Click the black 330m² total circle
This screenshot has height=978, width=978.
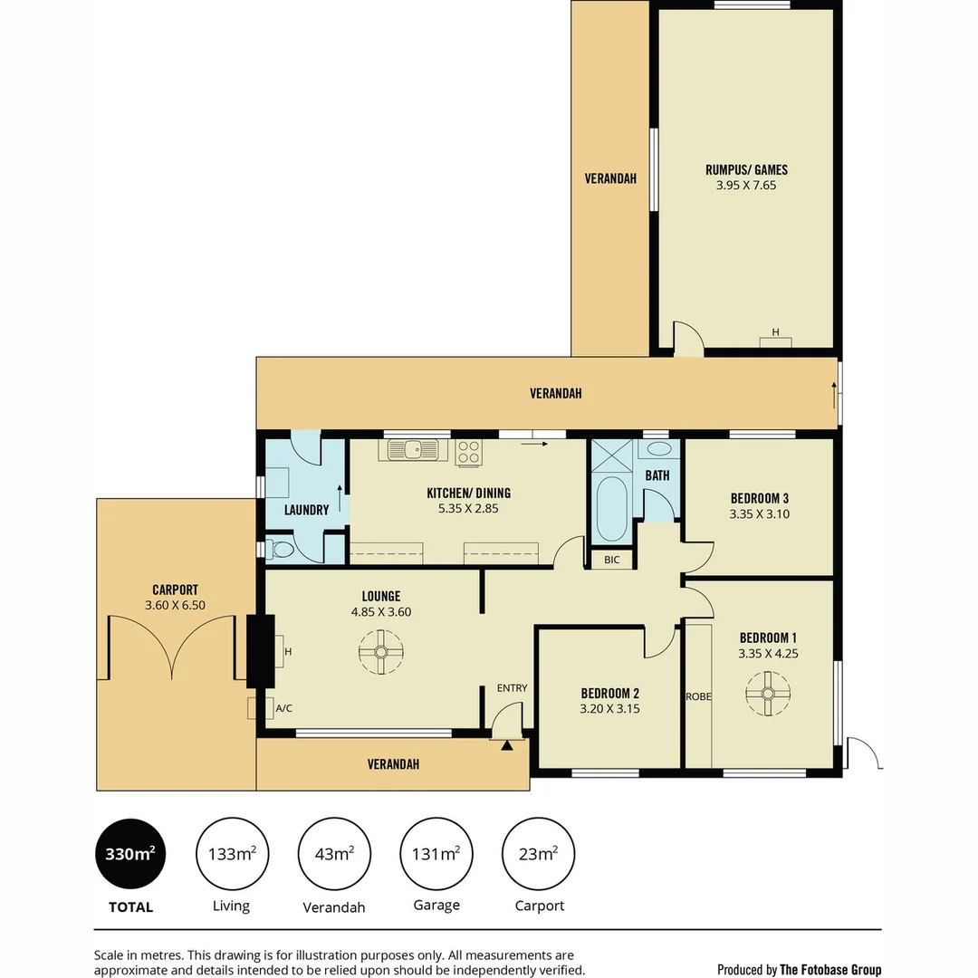click(130, 854)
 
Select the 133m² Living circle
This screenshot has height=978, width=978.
click(231, 854)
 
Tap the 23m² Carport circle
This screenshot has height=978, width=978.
click(539, 854)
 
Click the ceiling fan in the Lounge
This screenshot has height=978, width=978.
click(381, 652)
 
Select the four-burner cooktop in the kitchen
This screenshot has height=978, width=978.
click(468, 451)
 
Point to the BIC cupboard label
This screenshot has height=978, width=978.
click(612, 560)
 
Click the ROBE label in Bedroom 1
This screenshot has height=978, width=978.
click(698, 697)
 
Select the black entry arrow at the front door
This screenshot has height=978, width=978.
click(507, 745)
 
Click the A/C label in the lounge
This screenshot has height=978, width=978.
click(283, 708)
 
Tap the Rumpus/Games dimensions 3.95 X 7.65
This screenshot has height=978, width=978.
click(746, 185)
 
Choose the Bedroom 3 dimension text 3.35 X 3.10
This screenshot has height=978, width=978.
click(759, 513)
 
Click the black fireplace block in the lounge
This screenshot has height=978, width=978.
click(261, 649)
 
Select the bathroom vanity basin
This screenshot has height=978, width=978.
click(660, 448)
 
